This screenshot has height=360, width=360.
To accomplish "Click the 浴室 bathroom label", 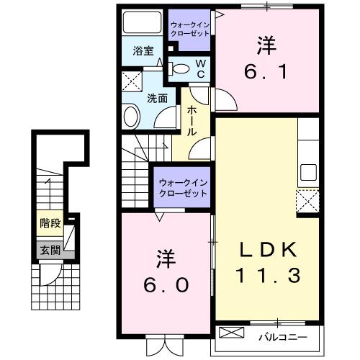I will [x=143, y=51].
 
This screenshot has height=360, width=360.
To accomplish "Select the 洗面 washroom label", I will [x=158, y=98].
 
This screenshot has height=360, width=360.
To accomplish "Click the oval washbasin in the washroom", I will [x=131, y=115].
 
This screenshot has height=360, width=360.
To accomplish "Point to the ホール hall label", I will [x=193, y=120].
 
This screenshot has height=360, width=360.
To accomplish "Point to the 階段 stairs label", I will [x=50, y=222].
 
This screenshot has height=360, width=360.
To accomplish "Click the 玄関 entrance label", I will [x=50, y=250].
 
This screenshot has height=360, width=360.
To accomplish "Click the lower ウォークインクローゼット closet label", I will [x=183, y=189].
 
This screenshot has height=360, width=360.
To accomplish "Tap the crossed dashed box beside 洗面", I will [x=131, y=81].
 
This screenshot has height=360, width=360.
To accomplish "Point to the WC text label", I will [x=201, y=68].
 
